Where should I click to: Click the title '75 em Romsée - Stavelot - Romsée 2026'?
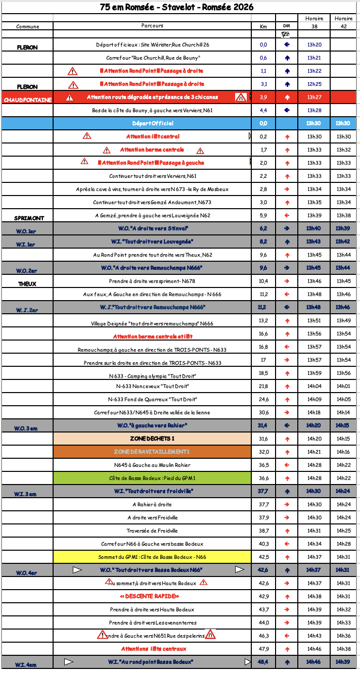pos(177,7)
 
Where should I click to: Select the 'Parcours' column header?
pos(152,25)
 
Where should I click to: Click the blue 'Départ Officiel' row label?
pos(152,123)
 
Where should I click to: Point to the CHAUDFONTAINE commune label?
pos(27,100)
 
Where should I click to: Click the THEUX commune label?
pos(27,284)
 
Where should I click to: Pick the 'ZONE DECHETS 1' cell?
pos(152,439)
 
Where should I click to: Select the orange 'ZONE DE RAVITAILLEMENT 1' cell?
pos(152,452)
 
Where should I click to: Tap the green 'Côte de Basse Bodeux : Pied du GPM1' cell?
pos(152,478)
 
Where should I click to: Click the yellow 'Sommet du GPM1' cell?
pos(152,557)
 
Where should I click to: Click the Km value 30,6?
pos(263,412)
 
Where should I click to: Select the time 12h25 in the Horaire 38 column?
pos(314,84)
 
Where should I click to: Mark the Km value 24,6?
pos(263,399)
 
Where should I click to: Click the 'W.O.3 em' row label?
pos(26,428)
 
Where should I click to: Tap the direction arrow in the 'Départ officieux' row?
pos(287,44)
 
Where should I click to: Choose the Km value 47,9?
pos(263,649)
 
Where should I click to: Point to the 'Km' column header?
pos(263,26)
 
